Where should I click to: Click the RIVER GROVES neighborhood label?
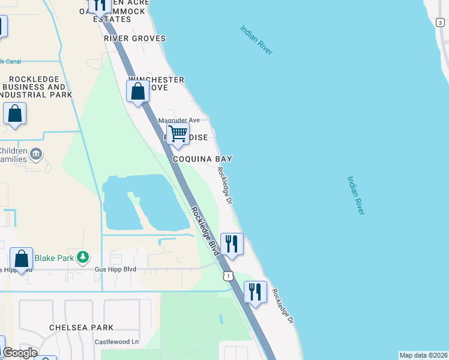click(134, 38)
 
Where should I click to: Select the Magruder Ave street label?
click(178, 120)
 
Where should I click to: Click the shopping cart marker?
click(178, 134)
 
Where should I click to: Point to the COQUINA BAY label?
click(203, 159)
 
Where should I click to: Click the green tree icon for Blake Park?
click(83, 257)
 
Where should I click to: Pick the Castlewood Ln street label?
click(116, 342)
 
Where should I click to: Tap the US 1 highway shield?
click(228, 275)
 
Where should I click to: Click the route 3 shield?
click(440, 22)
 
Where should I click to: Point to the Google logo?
click(20, 353)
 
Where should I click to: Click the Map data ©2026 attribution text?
click(423, 355)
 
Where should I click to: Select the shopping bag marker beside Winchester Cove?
click(138, 92)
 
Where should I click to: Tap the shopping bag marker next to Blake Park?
click(22, 259)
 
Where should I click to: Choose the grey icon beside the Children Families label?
click(36, 154)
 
